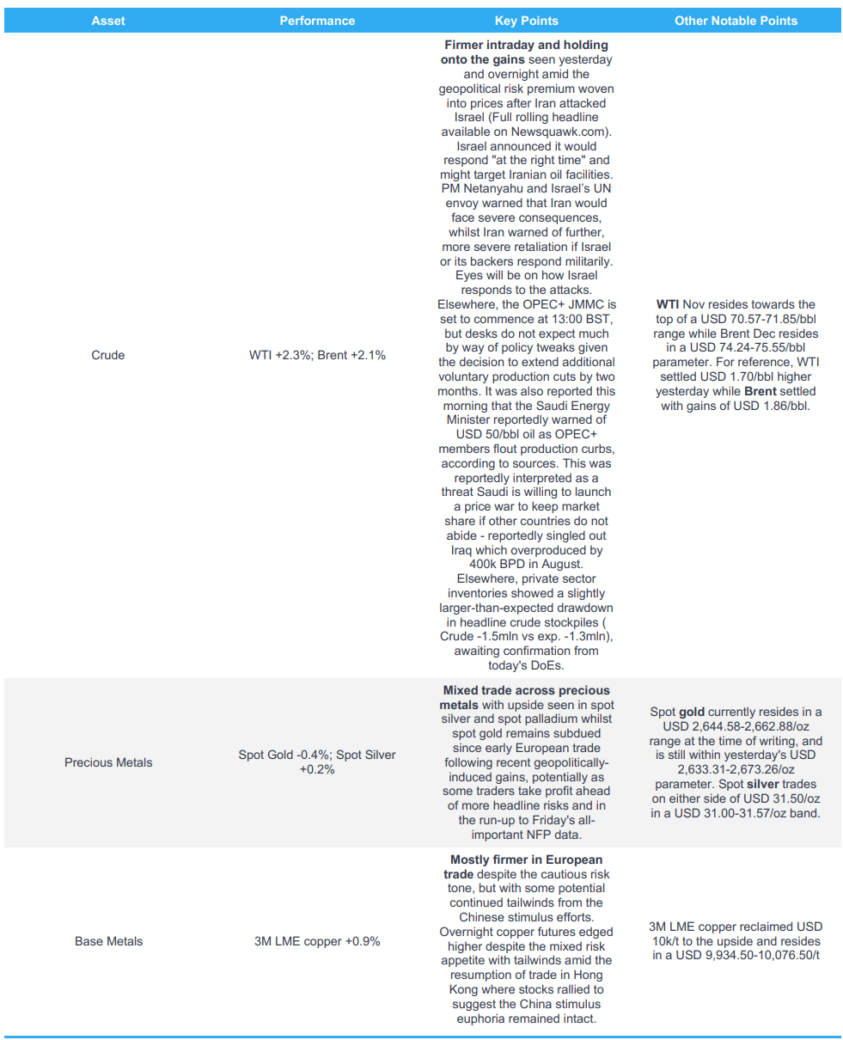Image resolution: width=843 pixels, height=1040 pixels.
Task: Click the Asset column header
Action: coord(108,21)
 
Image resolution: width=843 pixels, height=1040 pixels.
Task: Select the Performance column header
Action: coord(317,21)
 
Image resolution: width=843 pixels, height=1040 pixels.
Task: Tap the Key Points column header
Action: coord(526,21)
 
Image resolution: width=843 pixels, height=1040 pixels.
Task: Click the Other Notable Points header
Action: coord(736,21)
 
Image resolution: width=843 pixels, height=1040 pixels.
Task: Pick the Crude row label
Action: coord(108,355)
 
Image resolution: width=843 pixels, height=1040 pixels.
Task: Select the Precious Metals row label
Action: coord(108,762)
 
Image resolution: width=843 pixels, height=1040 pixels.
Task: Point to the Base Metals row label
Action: coord(108,941)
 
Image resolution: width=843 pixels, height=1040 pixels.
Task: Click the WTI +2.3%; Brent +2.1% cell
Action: coord(317,355)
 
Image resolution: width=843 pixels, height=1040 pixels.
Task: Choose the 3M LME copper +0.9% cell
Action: coord(317,941)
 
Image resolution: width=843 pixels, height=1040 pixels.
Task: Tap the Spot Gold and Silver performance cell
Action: coord(317,762)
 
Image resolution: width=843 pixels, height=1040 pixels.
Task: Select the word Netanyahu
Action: coord(493,189)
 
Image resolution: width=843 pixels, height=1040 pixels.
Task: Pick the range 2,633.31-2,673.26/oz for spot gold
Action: coord(736,769)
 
